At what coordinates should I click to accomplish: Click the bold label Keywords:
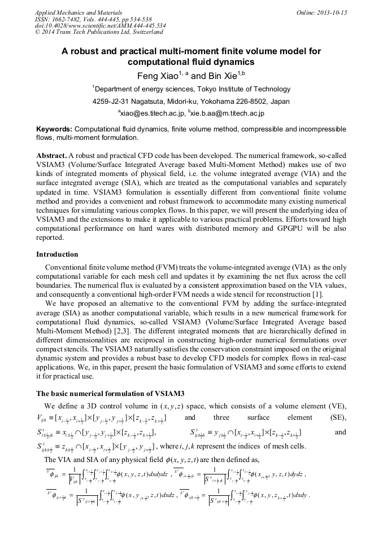pos(54,129)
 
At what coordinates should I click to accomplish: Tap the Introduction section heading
pos(57,254)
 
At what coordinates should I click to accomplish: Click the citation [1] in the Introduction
pos(317,294)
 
